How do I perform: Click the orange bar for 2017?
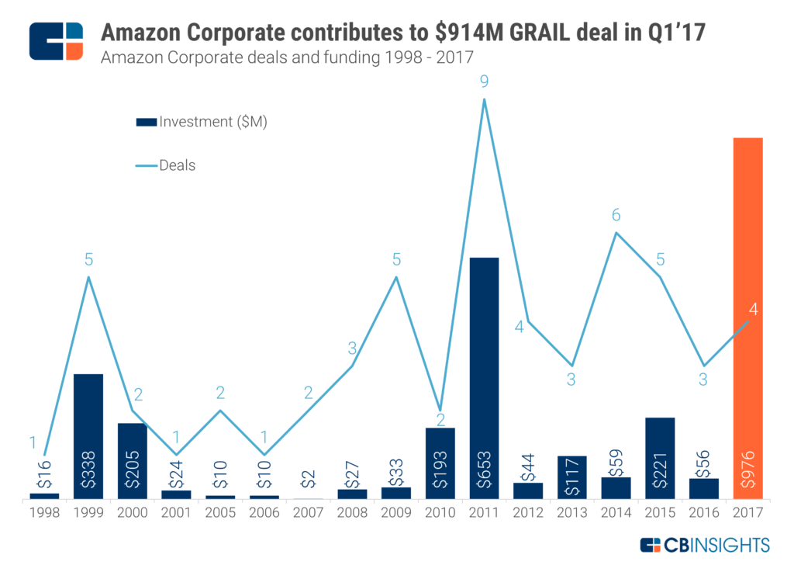point(748,318)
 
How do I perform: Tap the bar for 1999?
point(88,436)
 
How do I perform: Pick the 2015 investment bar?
point(660,458)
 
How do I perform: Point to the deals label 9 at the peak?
point(484,81)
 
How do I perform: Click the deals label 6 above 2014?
point(616,216)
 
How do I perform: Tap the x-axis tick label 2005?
point(220,513)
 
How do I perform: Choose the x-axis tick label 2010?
point(440,513)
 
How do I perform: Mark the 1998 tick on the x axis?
point(44,513)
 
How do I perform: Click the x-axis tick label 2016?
point(704,513)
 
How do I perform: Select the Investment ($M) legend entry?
point(202,122)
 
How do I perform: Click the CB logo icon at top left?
point(56,41)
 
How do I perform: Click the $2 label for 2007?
point(308,480)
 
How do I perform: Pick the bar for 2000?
point(133,461)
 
